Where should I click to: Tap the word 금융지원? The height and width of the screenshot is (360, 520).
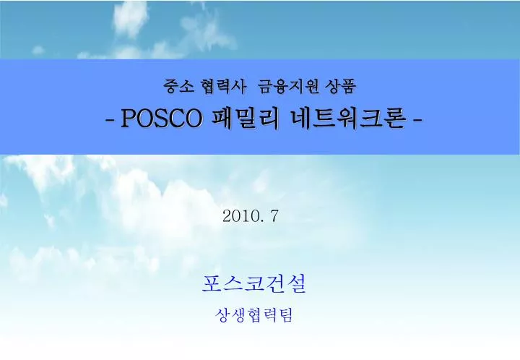(285, 87)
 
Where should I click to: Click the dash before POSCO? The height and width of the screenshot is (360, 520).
(108, 120)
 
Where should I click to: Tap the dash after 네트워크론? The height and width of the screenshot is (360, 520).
(417, 120)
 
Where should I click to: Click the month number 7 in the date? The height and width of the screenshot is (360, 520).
(274, 215)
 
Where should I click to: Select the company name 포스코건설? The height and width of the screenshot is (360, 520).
(254, 284)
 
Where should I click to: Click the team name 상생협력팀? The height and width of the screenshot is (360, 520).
(254, 316)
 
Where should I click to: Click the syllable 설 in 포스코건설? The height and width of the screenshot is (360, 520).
(296, 284)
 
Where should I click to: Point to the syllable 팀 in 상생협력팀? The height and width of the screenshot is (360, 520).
(286, 316)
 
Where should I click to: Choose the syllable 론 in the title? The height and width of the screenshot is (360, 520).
(394, 119)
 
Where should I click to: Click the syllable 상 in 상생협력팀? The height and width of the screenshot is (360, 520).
(223, 316)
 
